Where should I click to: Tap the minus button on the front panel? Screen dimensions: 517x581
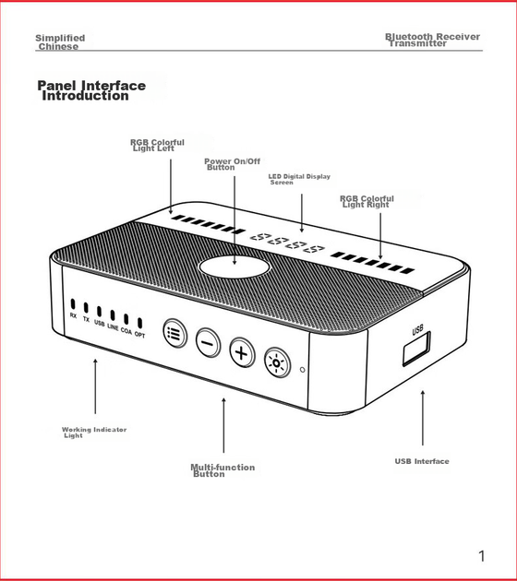pos(208,343)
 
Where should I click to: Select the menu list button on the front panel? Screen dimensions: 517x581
pos(175,334)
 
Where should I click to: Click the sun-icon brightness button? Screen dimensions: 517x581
pos(277,362)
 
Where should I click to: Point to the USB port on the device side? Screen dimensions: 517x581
pos(417,349)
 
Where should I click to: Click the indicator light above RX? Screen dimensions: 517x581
pos(73,303)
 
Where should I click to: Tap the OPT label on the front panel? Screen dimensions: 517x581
pos(139,335)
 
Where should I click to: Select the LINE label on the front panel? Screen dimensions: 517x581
pos(113,326)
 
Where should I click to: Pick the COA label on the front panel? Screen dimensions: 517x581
pos(126,330)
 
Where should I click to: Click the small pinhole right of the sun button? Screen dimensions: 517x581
pos(302,370)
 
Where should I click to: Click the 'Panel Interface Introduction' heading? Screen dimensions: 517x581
pos(91,90)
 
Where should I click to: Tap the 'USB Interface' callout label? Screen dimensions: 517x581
pos(422,461)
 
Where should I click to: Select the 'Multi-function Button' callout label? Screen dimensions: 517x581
pos(222,470)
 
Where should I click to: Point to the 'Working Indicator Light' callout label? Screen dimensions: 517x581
pos(94,433)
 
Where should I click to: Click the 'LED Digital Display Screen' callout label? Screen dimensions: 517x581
pos(299,179)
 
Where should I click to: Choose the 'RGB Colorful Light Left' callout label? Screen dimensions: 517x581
pos(157,146)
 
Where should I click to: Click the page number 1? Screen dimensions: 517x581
pos(481,556)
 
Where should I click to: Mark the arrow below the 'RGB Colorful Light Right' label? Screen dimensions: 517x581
pos(380,236)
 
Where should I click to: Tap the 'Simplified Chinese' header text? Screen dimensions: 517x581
pos(60,42)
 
